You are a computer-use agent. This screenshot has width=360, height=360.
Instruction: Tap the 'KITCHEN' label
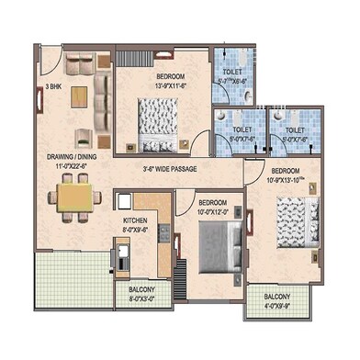pos(135,221)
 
